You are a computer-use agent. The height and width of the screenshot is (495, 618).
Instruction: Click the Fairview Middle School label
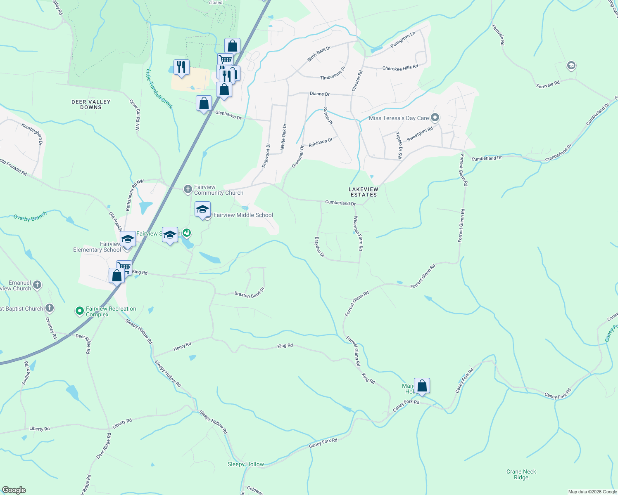tap(243, 215)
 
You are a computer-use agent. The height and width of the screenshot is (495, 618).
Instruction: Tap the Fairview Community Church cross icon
tap(188, 189)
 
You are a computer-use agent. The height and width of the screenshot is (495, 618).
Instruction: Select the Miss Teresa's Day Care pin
tap(435, 118)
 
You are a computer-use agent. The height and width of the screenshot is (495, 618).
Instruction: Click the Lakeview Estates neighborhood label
tap(364, 192)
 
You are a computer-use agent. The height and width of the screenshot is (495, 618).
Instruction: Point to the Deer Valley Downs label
tap(91, 104)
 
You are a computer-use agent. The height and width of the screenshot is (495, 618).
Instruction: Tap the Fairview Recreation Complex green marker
tap(80, 311)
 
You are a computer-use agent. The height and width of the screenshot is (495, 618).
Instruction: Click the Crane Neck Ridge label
tap(521, 474)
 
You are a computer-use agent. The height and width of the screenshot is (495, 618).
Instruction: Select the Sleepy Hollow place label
tap(245, 464)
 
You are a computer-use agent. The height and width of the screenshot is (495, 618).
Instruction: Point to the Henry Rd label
tap(182, 346)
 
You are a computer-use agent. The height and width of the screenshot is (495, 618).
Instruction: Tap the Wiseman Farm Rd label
tap(358, 233)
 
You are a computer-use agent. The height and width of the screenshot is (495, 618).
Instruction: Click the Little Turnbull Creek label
tap(159, 89)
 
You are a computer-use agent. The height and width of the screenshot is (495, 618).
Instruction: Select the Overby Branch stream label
tap(30, 217)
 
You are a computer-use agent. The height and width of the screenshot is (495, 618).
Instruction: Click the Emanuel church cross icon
tap(37, 285)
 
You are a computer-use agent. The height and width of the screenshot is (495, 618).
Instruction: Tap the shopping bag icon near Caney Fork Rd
tap(422, 386)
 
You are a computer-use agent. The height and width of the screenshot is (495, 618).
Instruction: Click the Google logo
tap(14, 490)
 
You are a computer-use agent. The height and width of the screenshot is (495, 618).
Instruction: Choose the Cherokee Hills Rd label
tap(400, 67)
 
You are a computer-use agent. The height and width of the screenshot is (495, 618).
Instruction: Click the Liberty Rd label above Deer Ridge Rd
tap(122, 423)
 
